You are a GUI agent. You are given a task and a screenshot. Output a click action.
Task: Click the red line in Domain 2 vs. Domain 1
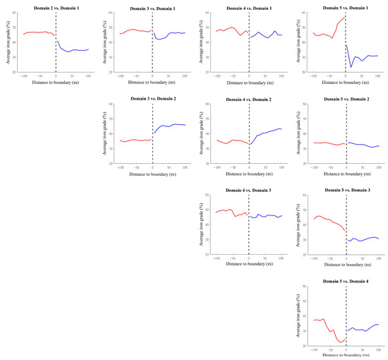click(x=35, y=32)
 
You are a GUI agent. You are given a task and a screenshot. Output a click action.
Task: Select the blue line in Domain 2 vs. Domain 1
click(x=74, y=50)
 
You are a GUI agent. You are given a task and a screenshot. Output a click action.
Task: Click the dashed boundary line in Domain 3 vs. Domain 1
click(x=152, y=42)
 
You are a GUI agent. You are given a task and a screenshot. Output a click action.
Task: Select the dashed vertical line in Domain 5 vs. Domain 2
click(x=346, y=134)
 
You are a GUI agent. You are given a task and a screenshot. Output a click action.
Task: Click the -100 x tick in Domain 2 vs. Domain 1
click(x=23, y=76)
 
